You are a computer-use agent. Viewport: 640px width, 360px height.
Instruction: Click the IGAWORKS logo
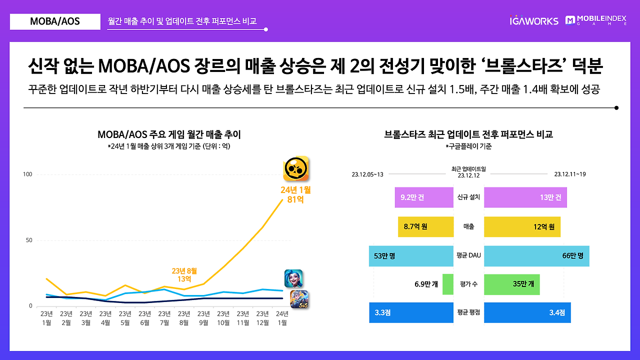533,21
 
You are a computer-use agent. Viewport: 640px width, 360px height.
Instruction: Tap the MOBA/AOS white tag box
55,21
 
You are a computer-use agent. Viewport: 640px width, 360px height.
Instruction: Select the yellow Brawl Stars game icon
296,169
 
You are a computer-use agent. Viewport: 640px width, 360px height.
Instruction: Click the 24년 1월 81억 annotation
295,194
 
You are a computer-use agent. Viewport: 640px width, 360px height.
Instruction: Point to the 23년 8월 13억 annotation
184,274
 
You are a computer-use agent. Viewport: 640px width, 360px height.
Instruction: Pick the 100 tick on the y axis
27,174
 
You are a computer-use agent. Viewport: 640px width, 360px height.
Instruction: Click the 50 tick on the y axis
29,240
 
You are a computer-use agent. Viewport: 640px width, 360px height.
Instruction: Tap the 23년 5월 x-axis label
125,318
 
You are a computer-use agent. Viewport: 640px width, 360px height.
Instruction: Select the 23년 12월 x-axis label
262,318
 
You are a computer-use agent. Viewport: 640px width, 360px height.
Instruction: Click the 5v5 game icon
299,299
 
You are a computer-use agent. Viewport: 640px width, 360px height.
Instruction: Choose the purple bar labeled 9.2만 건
423,197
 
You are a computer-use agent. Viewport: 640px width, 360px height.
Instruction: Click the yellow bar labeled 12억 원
522,226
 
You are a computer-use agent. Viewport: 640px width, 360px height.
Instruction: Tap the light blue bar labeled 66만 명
536,256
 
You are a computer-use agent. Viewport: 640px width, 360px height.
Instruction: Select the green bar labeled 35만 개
511,284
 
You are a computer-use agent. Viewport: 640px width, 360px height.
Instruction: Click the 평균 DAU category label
468,255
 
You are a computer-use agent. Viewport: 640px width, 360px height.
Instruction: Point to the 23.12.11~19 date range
570,174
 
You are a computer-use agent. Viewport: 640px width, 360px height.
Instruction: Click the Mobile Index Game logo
595,20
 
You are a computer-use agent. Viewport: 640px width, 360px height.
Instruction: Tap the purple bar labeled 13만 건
525,197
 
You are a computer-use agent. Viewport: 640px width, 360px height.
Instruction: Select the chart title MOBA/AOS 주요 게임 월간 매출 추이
169,134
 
